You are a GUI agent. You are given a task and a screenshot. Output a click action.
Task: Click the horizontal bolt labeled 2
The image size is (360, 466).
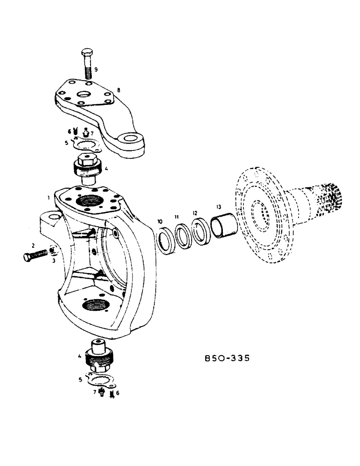click(36, 255)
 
